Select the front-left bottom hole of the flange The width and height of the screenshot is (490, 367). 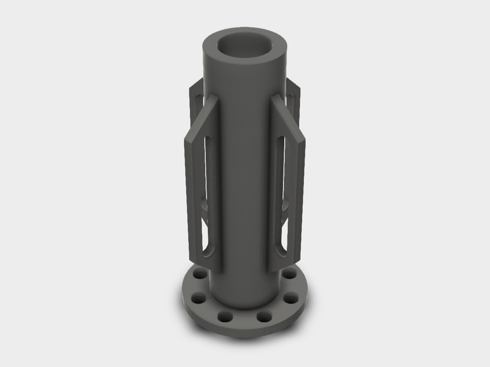click(225, 317)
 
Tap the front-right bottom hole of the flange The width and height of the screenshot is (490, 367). click(264, 316)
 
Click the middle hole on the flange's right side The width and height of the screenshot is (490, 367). click(290, 298)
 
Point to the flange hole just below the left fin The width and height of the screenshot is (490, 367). click(198, 274)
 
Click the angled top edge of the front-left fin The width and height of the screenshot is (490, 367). click(200, 119)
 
